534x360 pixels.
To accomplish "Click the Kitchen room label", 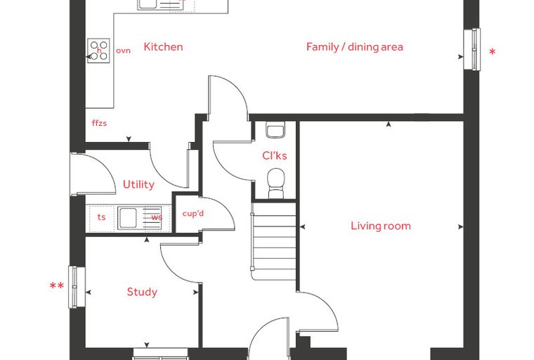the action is click(163, 46).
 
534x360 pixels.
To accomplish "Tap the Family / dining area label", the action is click(355, 46).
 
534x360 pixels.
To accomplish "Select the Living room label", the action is click(381, 226).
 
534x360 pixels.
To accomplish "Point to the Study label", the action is click(142, 292).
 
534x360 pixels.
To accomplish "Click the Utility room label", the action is click(138, 184).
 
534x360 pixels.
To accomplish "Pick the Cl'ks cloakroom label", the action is click(275, 155).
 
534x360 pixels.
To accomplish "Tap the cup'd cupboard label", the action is click(193, 214).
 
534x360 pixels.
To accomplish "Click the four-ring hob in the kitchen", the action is click(98, 51).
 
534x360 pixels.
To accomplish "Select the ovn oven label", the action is click(123, 51).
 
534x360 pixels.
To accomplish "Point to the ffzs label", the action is click(99, 123).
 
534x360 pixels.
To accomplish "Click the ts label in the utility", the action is click(101, 217).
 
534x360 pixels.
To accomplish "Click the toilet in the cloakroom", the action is click(276, 183).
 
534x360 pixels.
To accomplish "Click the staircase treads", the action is click(274, 241).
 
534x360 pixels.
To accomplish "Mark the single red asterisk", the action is click(492, 53).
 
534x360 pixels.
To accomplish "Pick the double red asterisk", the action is click(56, 285).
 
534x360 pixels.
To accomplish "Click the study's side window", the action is click(77, 287).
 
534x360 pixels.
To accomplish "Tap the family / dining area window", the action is click(472, 50).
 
